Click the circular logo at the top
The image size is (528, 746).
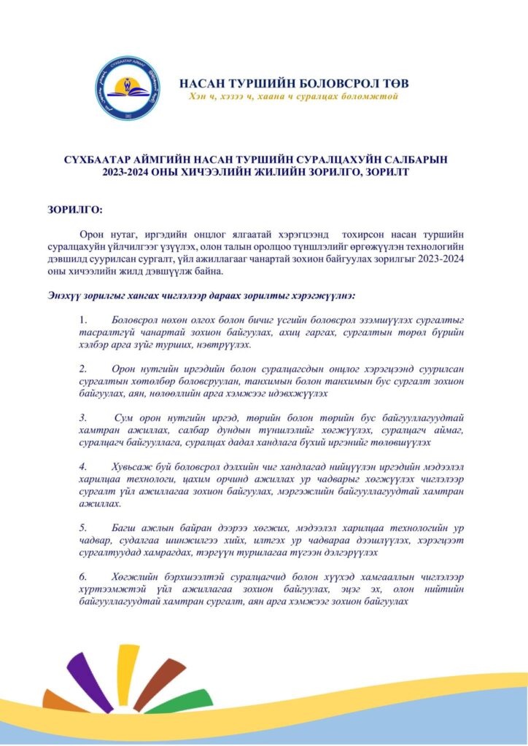click(129, 87)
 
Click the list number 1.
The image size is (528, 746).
click(84, 321)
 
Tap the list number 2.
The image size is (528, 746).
click(84, 369)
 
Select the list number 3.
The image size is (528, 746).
click(84, 417)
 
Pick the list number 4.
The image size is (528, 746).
click(84, 466)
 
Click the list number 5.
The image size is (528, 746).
click(84, 526)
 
